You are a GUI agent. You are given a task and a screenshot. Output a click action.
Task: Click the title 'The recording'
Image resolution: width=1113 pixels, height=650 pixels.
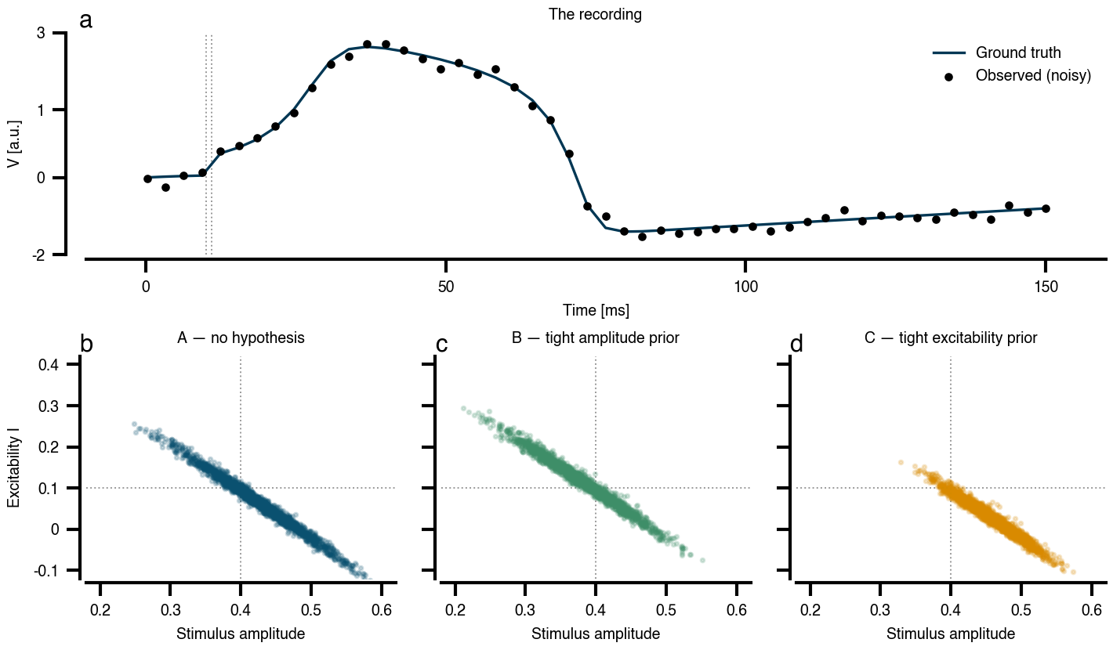[595, 14]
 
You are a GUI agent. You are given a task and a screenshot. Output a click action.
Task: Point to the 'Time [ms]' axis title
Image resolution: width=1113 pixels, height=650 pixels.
[596, 310]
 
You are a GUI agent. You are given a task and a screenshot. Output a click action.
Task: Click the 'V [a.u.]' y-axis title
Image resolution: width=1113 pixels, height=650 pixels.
[14, 143]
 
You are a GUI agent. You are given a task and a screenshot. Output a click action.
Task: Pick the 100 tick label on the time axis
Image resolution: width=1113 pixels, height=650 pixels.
[746, 287]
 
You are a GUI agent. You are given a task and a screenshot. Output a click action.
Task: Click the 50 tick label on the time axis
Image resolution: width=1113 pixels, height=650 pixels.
[446, 287]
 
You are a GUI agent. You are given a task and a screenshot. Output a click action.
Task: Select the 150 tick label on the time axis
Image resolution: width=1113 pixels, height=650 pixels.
[1046, 287]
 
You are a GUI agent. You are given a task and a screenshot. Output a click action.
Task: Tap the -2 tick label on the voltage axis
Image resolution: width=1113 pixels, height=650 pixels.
[38, 255]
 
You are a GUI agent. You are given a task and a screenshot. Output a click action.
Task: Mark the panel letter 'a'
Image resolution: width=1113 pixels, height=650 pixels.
[86, 21]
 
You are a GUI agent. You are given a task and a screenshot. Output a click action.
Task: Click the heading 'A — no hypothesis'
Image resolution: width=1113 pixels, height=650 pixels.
[241, 338]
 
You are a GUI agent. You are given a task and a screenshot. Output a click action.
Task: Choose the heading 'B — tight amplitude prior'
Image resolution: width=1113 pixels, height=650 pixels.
[595, 338]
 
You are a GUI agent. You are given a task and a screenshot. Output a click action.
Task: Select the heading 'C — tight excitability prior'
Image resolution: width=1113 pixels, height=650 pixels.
[951, 338]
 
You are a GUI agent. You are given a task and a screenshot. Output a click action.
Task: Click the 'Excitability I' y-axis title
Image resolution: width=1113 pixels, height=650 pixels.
[14, 471]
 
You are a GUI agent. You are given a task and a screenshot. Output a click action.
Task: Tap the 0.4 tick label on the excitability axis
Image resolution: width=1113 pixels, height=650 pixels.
[48, 365]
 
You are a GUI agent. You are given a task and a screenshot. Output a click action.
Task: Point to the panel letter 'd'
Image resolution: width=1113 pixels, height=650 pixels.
[796, 344]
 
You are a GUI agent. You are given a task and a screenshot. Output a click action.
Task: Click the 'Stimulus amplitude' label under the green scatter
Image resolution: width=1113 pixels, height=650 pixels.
[596, 634]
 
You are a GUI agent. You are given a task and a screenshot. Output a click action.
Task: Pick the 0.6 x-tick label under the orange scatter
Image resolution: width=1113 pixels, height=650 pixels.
[1091, 609]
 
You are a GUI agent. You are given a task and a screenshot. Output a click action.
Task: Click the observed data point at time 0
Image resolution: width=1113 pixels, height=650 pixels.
[147, 179]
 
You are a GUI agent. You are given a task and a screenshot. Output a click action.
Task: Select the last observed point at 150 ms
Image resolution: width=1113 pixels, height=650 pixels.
[1046, 208]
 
